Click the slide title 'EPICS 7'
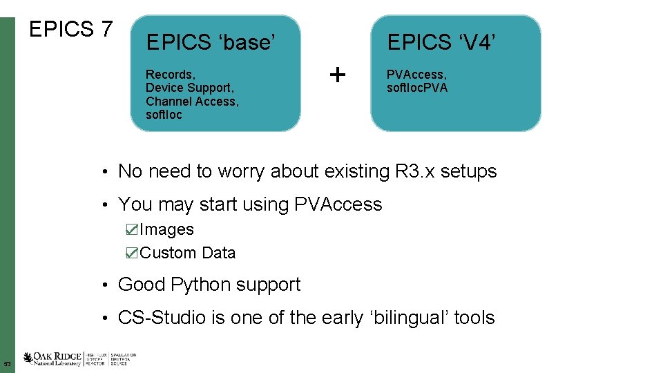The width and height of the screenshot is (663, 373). click(x=70, y=30)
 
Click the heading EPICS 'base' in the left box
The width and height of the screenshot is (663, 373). click(x=211, y=43)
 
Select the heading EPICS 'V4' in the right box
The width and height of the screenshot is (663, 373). click(x=441, y=43)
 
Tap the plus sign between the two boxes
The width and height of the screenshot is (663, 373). click(x=337, y=74)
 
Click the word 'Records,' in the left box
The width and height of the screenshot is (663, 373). click(x=170, y=74)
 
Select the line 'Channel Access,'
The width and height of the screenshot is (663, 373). click(x=192, y=102)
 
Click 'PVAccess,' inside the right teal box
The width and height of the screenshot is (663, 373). click(x=416, y=74)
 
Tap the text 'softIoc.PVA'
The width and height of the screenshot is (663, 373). click(x=417, y=88)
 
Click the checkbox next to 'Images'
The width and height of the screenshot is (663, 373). click(x=132, y=229)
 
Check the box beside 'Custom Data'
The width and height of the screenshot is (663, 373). click(x=132, y=253)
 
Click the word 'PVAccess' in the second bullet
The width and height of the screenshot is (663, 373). click(x=338, y=204)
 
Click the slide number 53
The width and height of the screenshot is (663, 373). click(x=7, y=364)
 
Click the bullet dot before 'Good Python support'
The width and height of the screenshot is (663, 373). click(x=102, y=285)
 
